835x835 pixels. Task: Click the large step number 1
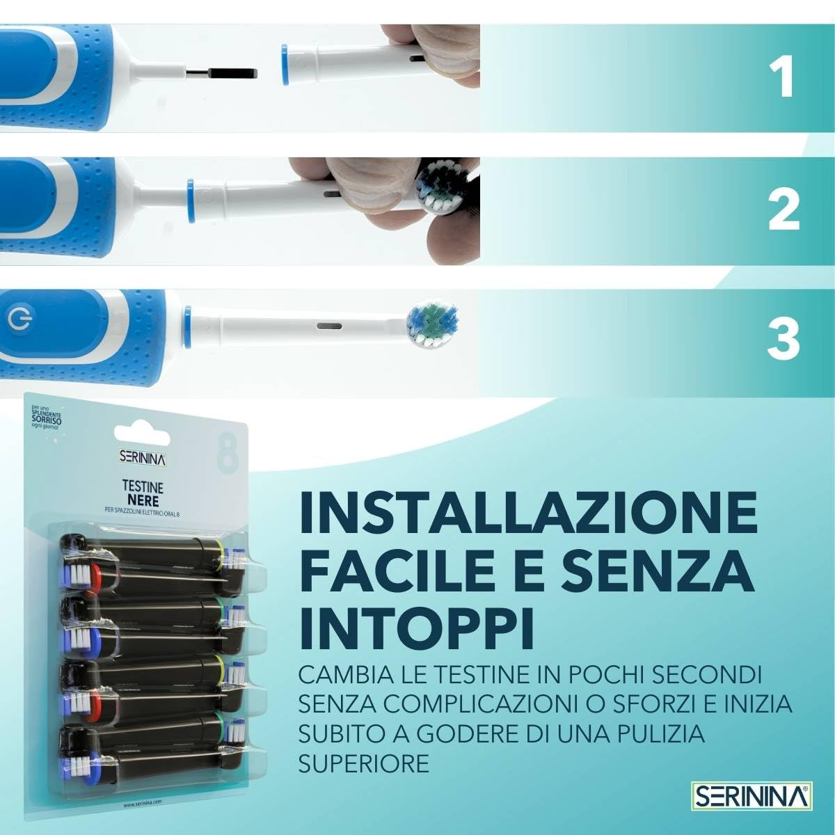pyautogui.click(x=785, y=78)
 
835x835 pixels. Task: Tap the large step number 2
pyautogui.click(x=784, y=209)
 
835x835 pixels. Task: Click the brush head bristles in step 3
pyautogui.click(x=434, y=324)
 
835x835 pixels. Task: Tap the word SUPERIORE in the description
pyautogui.click(x=363, y=763)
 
